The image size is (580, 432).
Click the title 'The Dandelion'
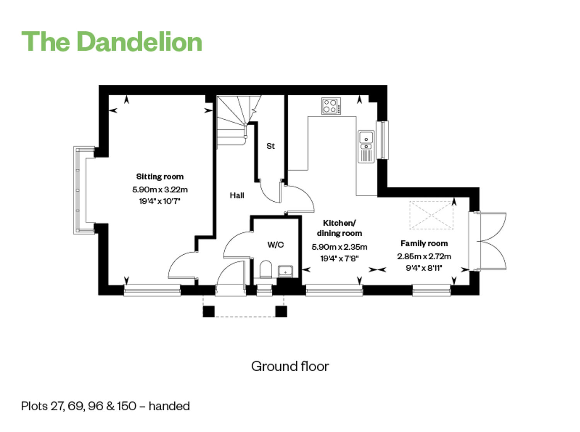click(x=112, y=41)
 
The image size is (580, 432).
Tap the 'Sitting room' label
click(x=160, y=177)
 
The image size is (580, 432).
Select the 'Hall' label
click(x=237, y=195)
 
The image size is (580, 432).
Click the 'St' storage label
click(x=270, y=146)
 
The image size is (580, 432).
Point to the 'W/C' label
click(x=276, y=245)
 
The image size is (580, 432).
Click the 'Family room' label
click(x=424, y=243)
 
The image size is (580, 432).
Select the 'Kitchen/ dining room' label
click(x=339, y=228)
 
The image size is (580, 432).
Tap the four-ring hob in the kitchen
click(x=331, y=106)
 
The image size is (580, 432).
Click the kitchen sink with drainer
click(x=366, y=146)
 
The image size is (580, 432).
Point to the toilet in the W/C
click(x=266, y=269)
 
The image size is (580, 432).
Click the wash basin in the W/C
click(x=285, y=271)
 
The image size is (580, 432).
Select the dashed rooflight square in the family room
click(x=431, y=215)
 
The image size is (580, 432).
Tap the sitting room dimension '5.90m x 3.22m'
click(x=160, y=189)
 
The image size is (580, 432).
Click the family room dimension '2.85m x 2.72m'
click(x=424, y=256)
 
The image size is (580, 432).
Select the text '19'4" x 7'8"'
click(x=339, y=259)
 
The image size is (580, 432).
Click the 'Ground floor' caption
click(x=290, y=367)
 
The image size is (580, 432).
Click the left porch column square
click(x=209, y=312)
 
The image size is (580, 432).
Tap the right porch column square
click(x=281, y=312)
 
